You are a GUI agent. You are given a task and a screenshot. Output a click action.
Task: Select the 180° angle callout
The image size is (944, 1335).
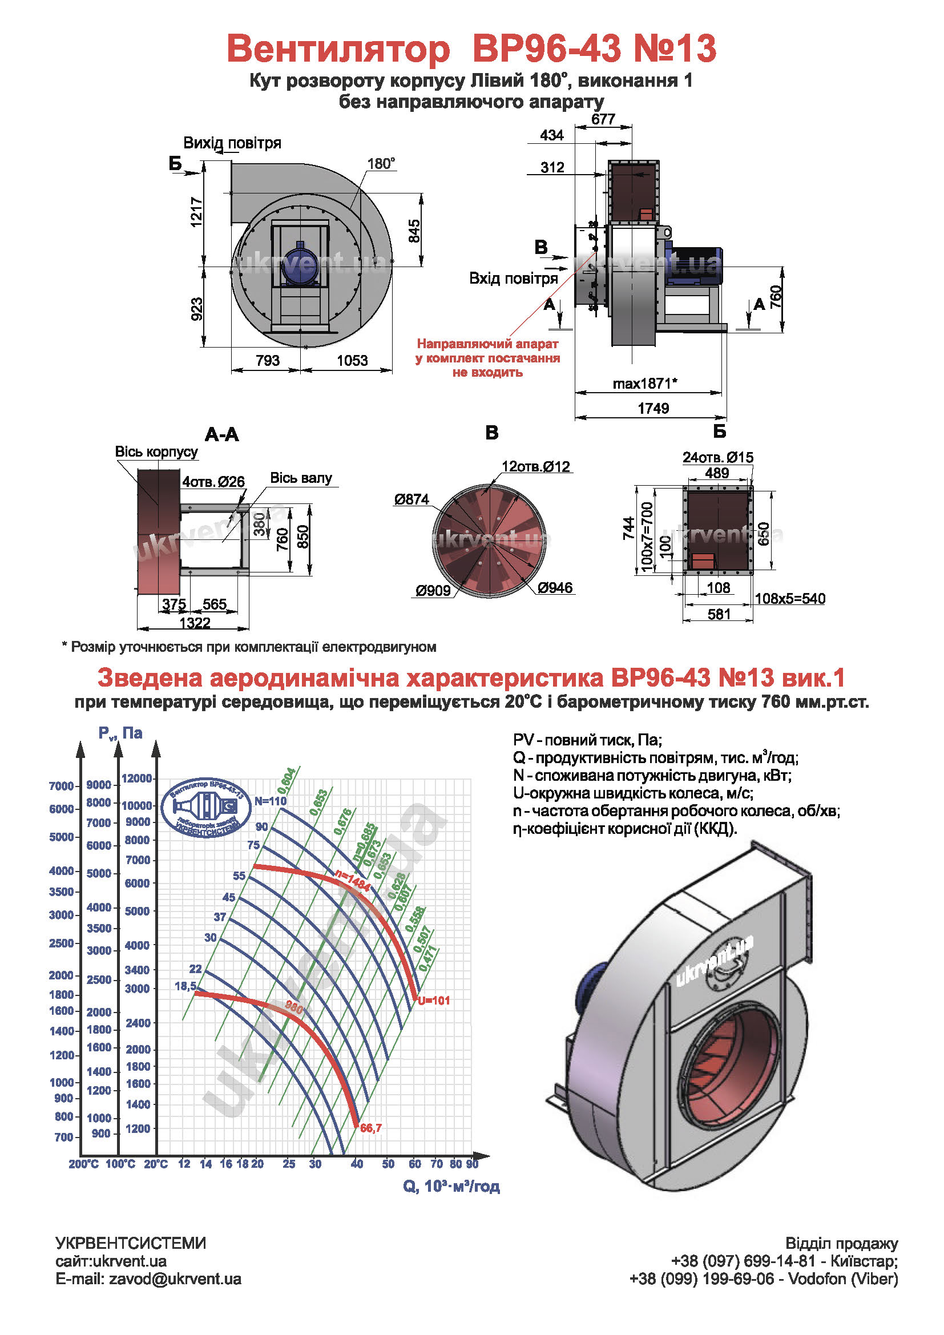(381, 164)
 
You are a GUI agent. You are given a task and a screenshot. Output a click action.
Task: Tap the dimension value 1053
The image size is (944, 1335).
(352, 361)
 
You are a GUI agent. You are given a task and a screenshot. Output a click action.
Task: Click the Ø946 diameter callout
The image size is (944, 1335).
(555, 588)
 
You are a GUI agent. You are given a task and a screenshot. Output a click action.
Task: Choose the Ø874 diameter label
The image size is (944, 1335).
(412, 499)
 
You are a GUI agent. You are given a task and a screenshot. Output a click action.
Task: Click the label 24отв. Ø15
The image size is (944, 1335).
(718, 457)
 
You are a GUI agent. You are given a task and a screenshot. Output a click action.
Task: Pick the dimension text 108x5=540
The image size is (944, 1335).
(790, 598)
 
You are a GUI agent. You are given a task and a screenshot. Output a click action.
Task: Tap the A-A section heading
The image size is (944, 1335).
(221, 434)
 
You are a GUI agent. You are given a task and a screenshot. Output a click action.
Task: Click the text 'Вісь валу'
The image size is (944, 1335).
(301, 478)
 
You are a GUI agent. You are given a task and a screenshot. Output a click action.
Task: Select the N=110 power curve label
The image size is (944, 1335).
(271, 801)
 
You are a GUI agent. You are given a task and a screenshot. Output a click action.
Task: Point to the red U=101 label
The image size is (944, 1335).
(434, 1001)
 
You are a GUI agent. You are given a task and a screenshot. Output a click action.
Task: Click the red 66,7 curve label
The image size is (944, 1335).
(371, 1128)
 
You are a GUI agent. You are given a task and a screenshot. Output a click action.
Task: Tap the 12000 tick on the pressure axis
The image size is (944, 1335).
(136, 779)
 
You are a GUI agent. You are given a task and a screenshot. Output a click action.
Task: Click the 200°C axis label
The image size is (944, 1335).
(84, 1164)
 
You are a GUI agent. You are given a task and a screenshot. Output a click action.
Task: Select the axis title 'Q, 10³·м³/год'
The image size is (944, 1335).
(451, 1186)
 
